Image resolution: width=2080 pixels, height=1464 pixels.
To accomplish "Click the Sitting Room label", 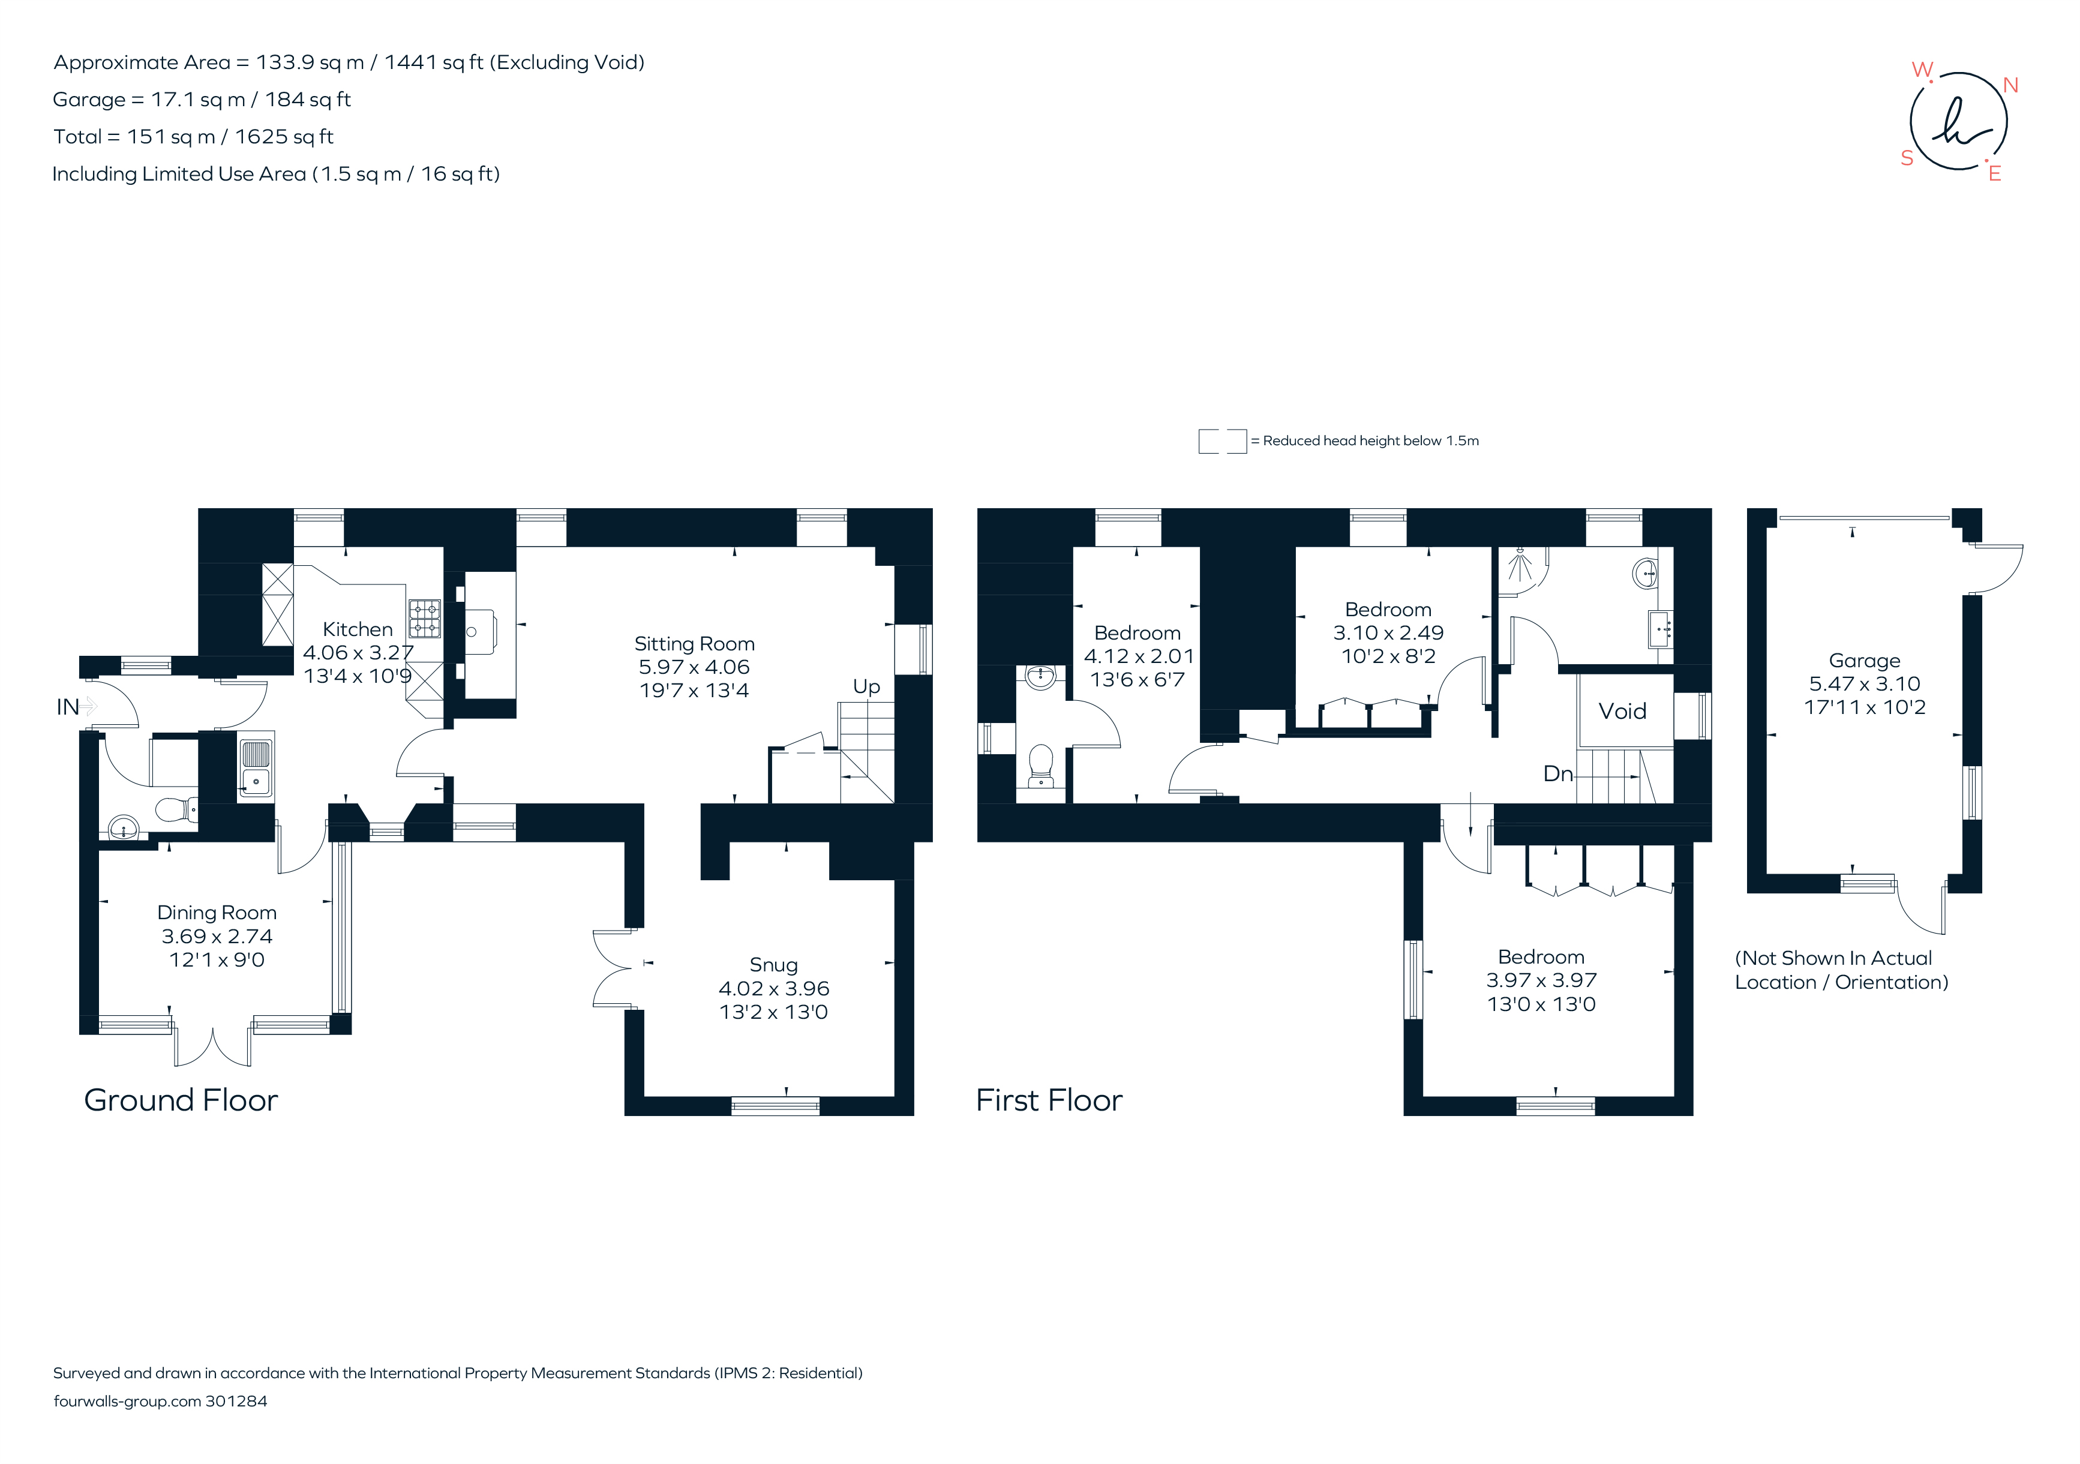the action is pos(694,644).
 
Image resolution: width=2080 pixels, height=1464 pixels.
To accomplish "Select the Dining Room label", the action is pos(217,912).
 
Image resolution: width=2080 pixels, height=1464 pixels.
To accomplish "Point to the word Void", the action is pos(1622,711).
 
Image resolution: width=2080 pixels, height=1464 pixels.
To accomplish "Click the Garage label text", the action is pos(1863,661).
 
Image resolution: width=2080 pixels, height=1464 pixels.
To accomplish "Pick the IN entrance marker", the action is pos(68,707).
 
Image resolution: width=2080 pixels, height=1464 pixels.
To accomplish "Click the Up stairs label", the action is pos(866,687).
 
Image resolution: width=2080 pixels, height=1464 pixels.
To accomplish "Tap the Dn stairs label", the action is pos(1557,773).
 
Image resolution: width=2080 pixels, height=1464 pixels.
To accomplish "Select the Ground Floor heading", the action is pos(180,1100).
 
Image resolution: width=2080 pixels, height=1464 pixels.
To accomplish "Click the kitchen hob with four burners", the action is pos(424,619).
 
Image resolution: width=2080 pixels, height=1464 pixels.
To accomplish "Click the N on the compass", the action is pos(2010,85).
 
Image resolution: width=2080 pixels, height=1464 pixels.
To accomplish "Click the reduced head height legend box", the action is pos(1222,441).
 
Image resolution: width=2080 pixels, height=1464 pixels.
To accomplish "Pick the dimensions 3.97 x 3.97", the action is pos(1541,980).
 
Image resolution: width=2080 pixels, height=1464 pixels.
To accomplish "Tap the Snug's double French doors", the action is pos(613,968).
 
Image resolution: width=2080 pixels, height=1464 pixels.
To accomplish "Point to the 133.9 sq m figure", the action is pos(310,62).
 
